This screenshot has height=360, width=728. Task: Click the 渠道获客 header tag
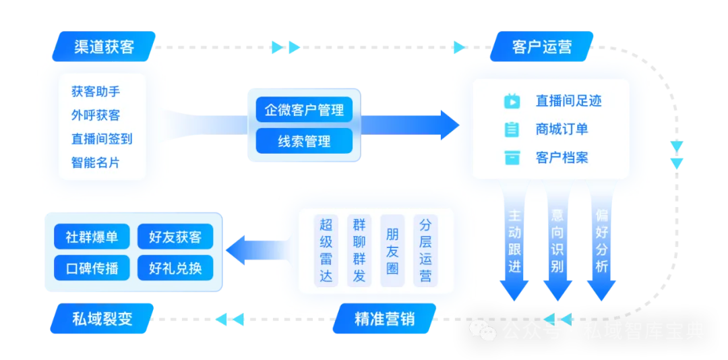[103, 47]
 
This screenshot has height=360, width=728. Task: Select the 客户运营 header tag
[542, 47]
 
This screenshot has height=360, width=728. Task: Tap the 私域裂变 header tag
[102, 318]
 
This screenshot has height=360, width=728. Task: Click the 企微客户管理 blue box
[304, 109]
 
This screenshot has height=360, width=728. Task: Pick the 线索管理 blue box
[304, 141]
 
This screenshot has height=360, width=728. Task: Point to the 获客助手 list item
[96, 92]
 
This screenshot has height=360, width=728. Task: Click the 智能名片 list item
[96, 162]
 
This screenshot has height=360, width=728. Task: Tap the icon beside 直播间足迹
[512, 101]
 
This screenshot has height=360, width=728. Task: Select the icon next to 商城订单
[512, 129]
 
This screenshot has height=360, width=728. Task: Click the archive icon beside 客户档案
[512, 158]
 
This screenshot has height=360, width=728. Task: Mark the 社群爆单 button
[92, 237]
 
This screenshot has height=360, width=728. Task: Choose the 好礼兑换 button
[175, 268]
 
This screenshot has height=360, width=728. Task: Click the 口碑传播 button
[92, 268]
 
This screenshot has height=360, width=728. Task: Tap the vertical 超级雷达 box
[326, 250]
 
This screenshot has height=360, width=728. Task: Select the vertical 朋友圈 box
[392, 250]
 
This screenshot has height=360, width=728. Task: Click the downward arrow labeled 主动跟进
[515, 243]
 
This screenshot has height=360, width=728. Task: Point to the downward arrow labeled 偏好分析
[601, 243]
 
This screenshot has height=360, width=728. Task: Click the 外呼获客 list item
[96, 115]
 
